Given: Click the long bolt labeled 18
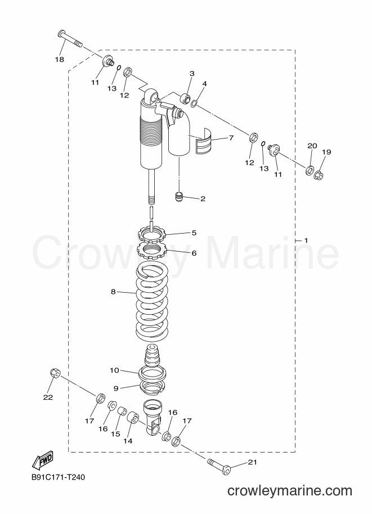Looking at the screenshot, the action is (70, 38).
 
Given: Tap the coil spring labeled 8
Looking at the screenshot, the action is (153, 302).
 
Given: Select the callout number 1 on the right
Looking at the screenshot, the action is (306, 240).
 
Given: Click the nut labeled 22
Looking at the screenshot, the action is (55, 373).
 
